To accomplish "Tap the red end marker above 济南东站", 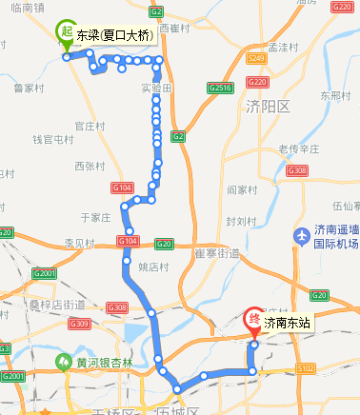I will coord(254,318).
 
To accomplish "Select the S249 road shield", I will coord(256,58).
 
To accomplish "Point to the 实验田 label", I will coord(155,88).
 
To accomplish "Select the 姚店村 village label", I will coord(152,267).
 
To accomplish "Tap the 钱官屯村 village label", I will coord(53,139).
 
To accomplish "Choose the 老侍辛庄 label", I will coord(297,148).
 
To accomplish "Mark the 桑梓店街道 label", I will coord(56,305).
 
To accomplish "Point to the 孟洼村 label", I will coord(284,46).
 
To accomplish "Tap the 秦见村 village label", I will coord(80,243).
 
